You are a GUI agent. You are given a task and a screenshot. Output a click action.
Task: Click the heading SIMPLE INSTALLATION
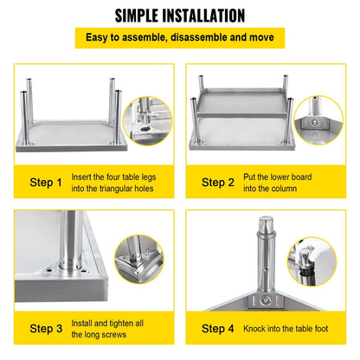(179, 16)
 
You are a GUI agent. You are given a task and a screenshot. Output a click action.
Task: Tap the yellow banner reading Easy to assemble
(180, 39)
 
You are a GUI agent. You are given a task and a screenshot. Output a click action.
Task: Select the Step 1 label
(35, 183)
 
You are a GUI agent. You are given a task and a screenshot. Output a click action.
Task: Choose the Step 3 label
(35, 329)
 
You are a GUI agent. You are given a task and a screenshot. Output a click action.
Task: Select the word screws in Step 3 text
(115, 335)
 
